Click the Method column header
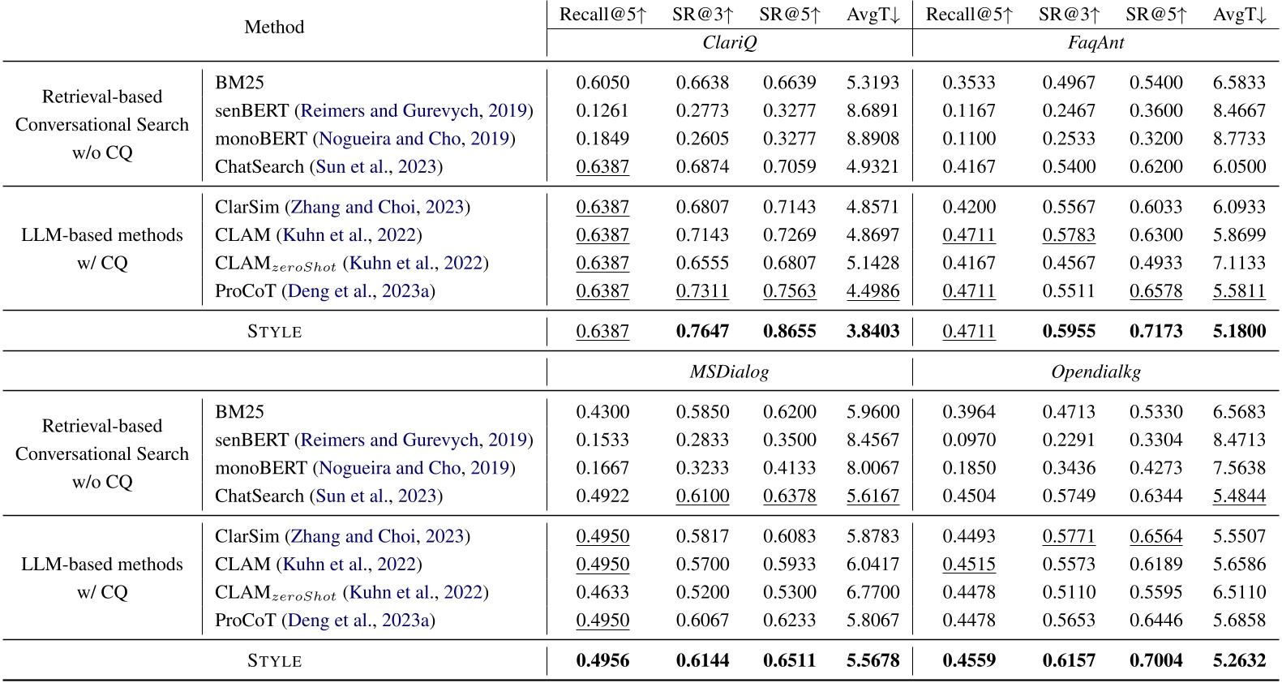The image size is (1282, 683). tap(274, 27)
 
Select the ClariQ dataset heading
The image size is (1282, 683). tap(729, 43)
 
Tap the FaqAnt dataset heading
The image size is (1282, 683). tap(1095, 43)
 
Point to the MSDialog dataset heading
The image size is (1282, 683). tap(729, 372)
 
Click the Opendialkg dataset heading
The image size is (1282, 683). tap(1095, 372)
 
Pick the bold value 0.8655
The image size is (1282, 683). tap(789, 331)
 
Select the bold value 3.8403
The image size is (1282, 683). tap(873, 331)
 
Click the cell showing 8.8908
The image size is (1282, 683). tap(873, 139)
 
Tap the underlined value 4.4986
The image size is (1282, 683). tap(873, 291)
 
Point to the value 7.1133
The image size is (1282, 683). tap(1239, 263)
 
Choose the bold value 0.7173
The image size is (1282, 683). tap(1156, 331)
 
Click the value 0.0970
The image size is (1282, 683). tap(968, 440)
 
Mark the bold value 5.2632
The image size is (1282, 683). tap(1239, 660)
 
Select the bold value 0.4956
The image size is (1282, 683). tap(602, 660)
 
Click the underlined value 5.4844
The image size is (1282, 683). tap(1239, 496)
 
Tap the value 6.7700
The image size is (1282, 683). tap(873, 592)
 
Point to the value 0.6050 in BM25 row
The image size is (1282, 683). tap(602, 83)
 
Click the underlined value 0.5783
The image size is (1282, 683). tap(1069, 235)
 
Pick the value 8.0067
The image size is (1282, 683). tap(873, 468)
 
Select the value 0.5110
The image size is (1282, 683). tap(1069, 592)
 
